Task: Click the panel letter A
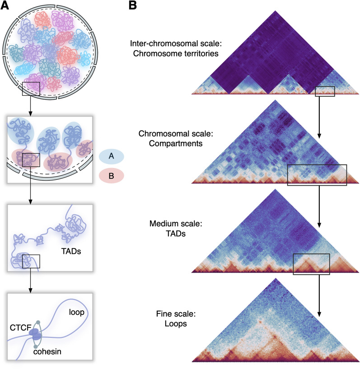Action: [x=6, y=5]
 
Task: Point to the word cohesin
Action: [x=48, y=350]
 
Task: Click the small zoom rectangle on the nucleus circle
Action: [x=31, y=89]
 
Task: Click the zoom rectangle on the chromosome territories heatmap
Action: [x=325, y=91]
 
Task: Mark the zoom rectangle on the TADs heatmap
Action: [x=311, y=264]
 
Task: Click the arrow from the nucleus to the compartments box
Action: [x=31, y=106]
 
